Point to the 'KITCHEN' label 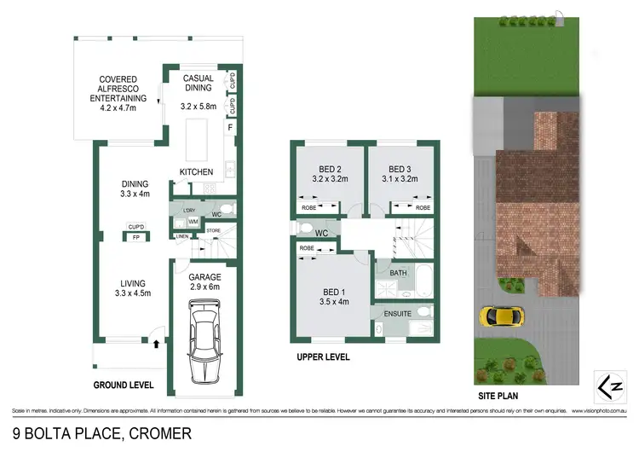[196, 172]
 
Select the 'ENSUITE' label [398, 314]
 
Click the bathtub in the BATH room [423, 277]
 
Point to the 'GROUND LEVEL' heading [123, 385]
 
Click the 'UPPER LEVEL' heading [323, 356]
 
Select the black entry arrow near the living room [157, 344]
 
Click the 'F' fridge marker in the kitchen [228, 129]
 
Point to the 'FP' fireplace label [135, 238]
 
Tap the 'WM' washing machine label [194, 222]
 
